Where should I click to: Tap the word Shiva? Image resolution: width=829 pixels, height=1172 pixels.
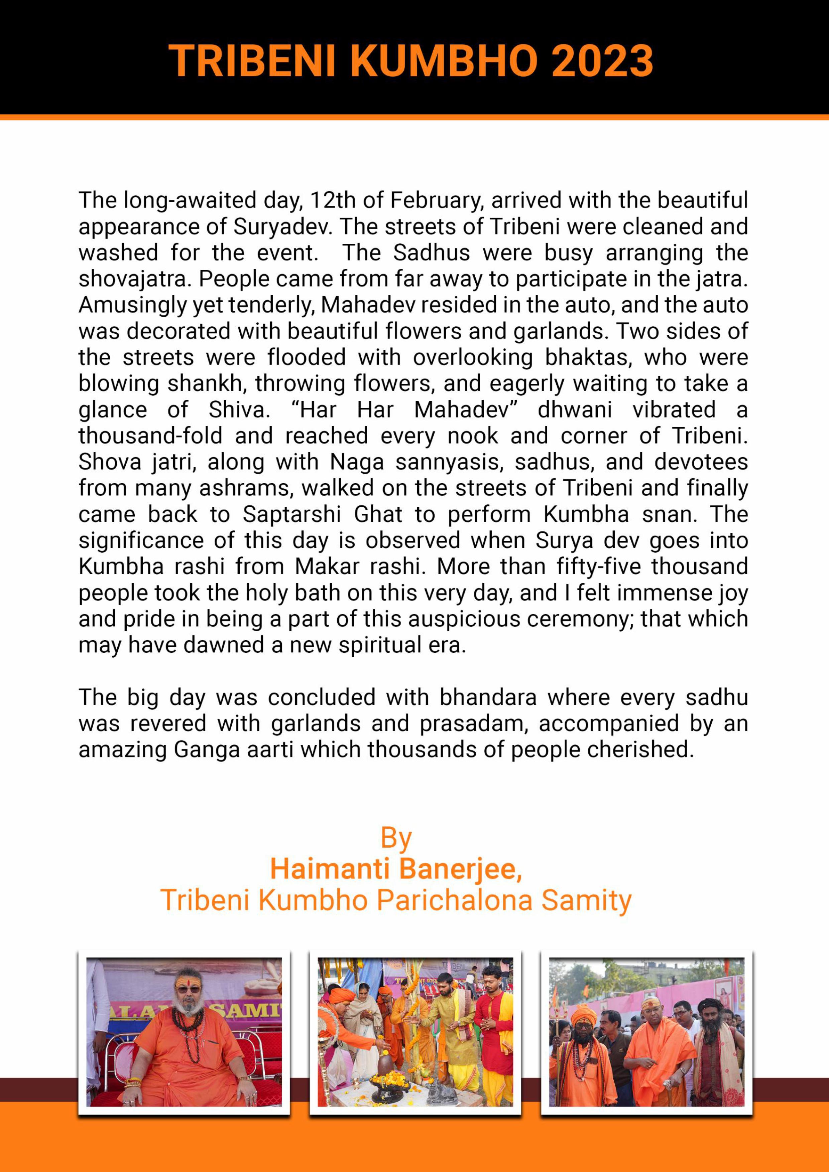[239, 410]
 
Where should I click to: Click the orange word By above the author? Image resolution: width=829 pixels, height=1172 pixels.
[396, 838]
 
